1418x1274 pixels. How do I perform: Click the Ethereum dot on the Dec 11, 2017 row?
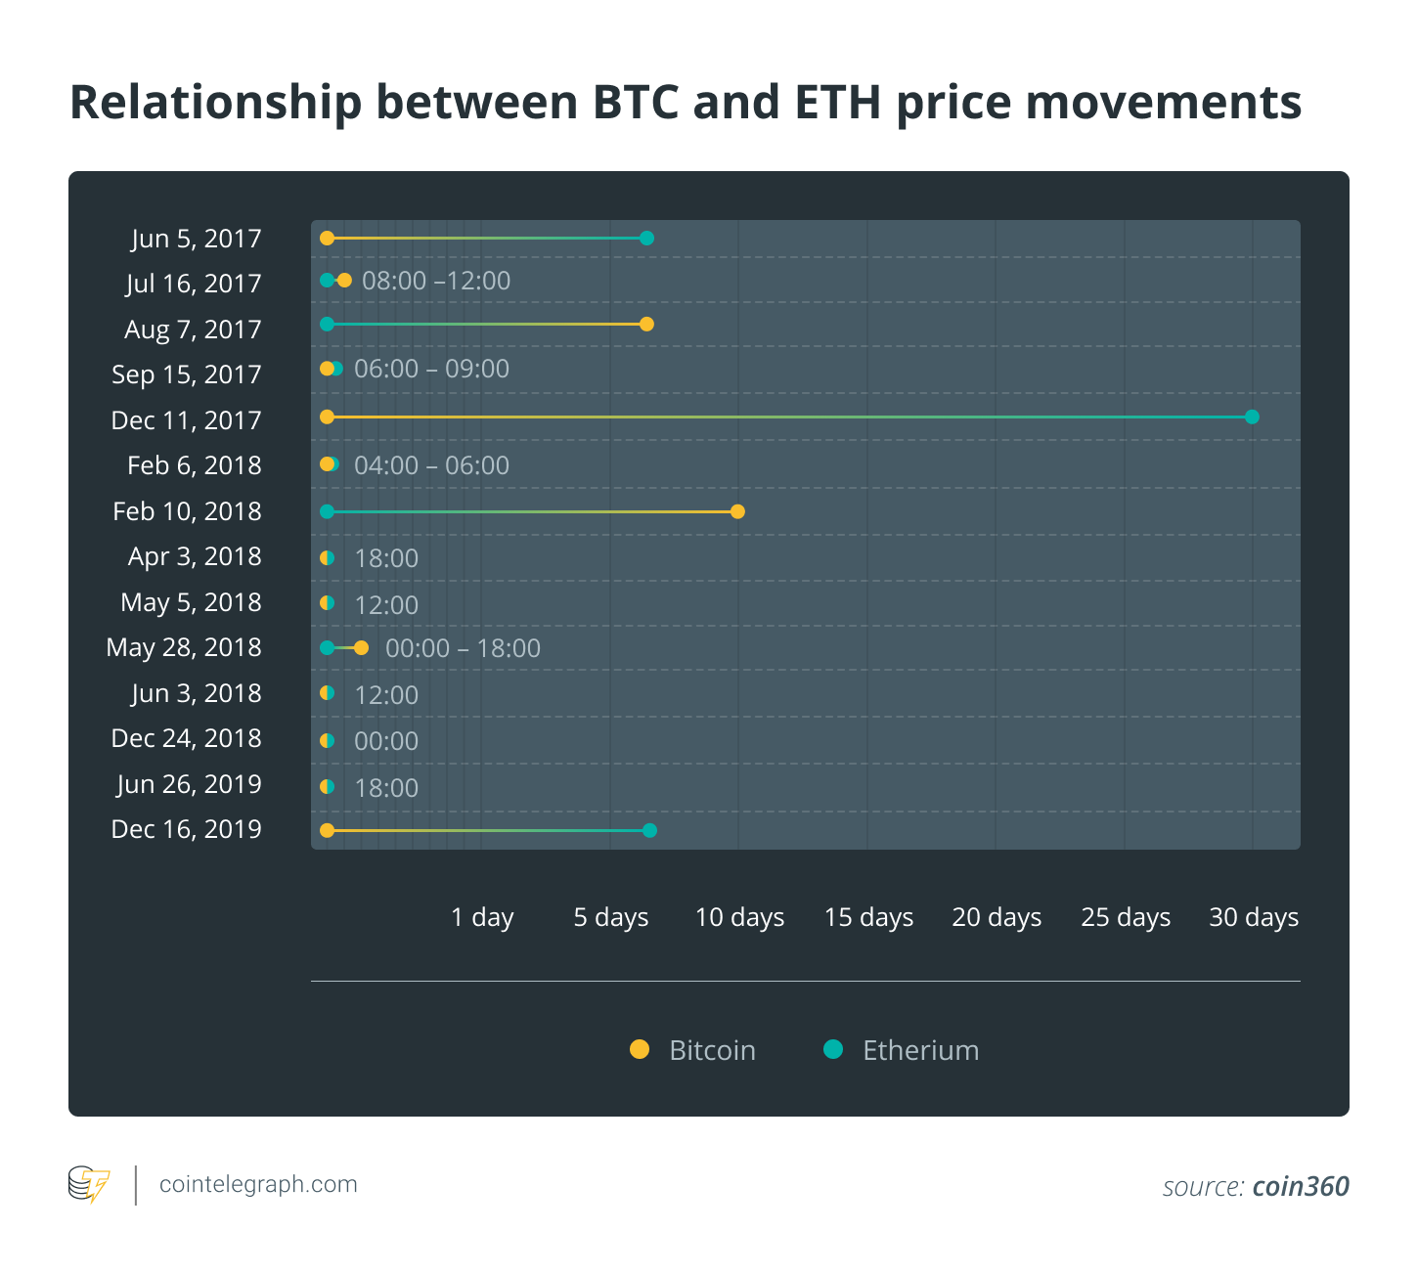pos(1252,417)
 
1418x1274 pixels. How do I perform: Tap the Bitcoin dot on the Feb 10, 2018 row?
pos(737,511)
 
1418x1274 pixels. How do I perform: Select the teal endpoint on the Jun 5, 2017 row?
pos(646,239)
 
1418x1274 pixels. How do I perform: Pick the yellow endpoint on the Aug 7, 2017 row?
pos(646,325)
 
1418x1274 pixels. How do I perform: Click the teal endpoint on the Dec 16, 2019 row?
pos(650,830)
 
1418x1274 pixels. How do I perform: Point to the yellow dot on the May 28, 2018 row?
pos(361,648)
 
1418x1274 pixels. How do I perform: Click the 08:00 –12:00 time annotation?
pos(436,282)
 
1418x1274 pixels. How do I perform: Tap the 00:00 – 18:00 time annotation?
pos(463,648)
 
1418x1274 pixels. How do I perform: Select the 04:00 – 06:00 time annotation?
pos(431,465)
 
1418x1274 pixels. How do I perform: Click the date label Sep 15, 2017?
pos(187,374)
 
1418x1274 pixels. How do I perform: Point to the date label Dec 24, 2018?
pos(187,738)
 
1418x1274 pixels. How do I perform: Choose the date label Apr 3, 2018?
pos(195,556)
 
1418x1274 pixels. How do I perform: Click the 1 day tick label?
pos(482,917)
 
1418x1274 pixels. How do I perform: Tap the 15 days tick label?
pos(868,917)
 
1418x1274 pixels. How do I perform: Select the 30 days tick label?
pos(1254,917)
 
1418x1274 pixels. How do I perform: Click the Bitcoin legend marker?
pos(640,1049)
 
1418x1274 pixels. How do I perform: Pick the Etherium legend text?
pos(920,1050)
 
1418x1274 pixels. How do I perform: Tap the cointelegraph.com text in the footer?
pos(258,1185)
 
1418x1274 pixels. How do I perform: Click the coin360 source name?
pos(1301,1186)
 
